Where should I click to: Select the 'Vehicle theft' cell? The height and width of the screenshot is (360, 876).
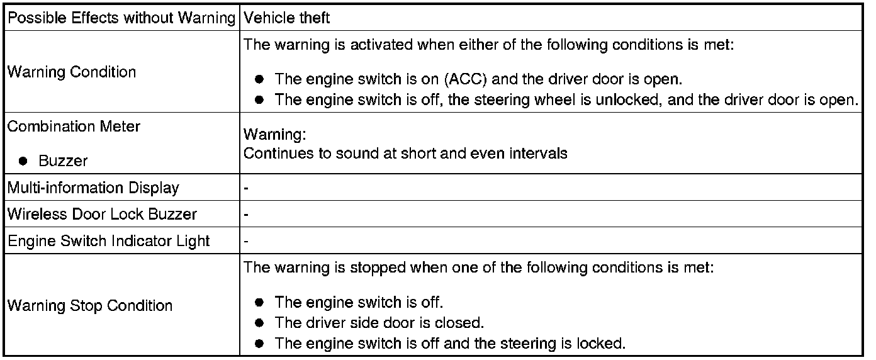[286, 18]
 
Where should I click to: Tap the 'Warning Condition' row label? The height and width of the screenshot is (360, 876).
[72, 72]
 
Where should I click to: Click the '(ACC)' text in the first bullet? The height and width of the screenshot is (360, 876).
[466, 80]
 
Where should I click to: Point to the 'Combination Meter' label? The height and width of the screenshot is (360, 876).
[74, 127]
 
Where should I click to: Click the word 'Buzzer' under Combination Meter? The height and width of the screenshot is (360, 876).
[63, 161]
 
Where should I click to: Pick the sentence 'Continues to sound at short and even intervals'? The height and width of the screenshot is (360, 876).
[405, 153]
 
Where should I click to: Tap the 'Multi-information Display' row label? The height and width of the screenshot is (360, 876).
[93, 188]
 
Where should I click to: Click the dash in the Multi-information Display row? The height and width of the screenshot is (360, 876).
[246, 188]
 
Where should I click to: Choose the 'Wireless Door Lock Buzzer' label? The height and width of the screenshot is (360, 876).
[102, 214]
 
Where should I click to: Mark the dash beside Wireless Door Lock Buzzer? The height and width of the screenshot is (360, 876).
[246, 214]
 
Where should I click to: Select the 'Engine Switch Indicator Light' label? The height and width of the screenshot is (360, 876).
[108, 240]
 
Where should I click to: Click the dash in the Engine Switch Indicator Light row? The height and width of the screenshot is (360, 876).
[246, 240]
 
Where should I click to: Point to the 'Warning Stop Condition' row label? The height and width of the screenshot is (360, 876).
[89, 306]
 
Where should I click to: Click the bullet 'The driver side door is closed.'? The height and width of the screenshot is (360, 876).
[379, 323]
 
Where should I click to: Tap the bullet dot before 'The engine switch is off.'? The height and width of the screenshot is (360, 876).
[259, 302]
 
